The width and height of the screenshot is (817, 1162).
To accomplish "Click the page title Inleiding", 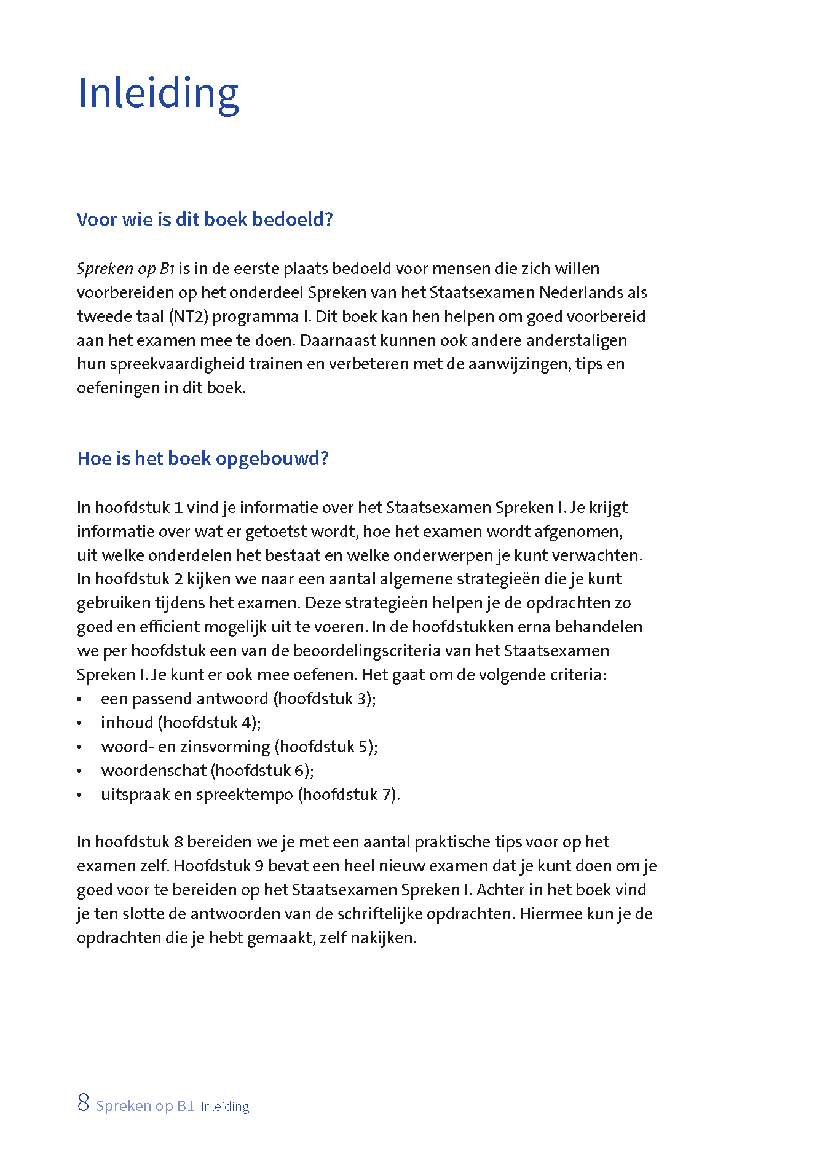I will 158,93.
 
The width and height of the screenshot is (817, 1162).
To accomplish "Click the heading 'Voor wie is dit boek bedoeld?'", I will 205,219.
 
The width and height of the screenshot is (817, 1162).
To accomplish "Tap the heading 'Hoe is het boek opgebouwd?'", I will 203,458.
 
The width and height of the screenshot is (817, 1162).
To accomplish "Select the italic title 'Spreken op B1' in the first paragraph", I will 125,269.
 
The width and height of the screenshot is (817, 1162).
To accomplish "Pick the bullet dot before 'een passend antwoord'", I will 79,700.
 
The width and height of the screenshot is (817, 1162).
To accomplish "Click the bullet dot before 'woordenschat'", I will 79,772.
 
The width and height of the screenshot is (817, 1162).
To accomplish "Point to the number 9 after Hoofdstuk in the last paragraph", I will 259,866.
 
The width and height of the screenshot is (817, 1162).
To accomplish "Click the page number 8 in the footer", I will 83,1103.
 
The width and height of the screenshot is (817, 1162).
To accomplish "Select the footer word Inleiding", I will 225,1107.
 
